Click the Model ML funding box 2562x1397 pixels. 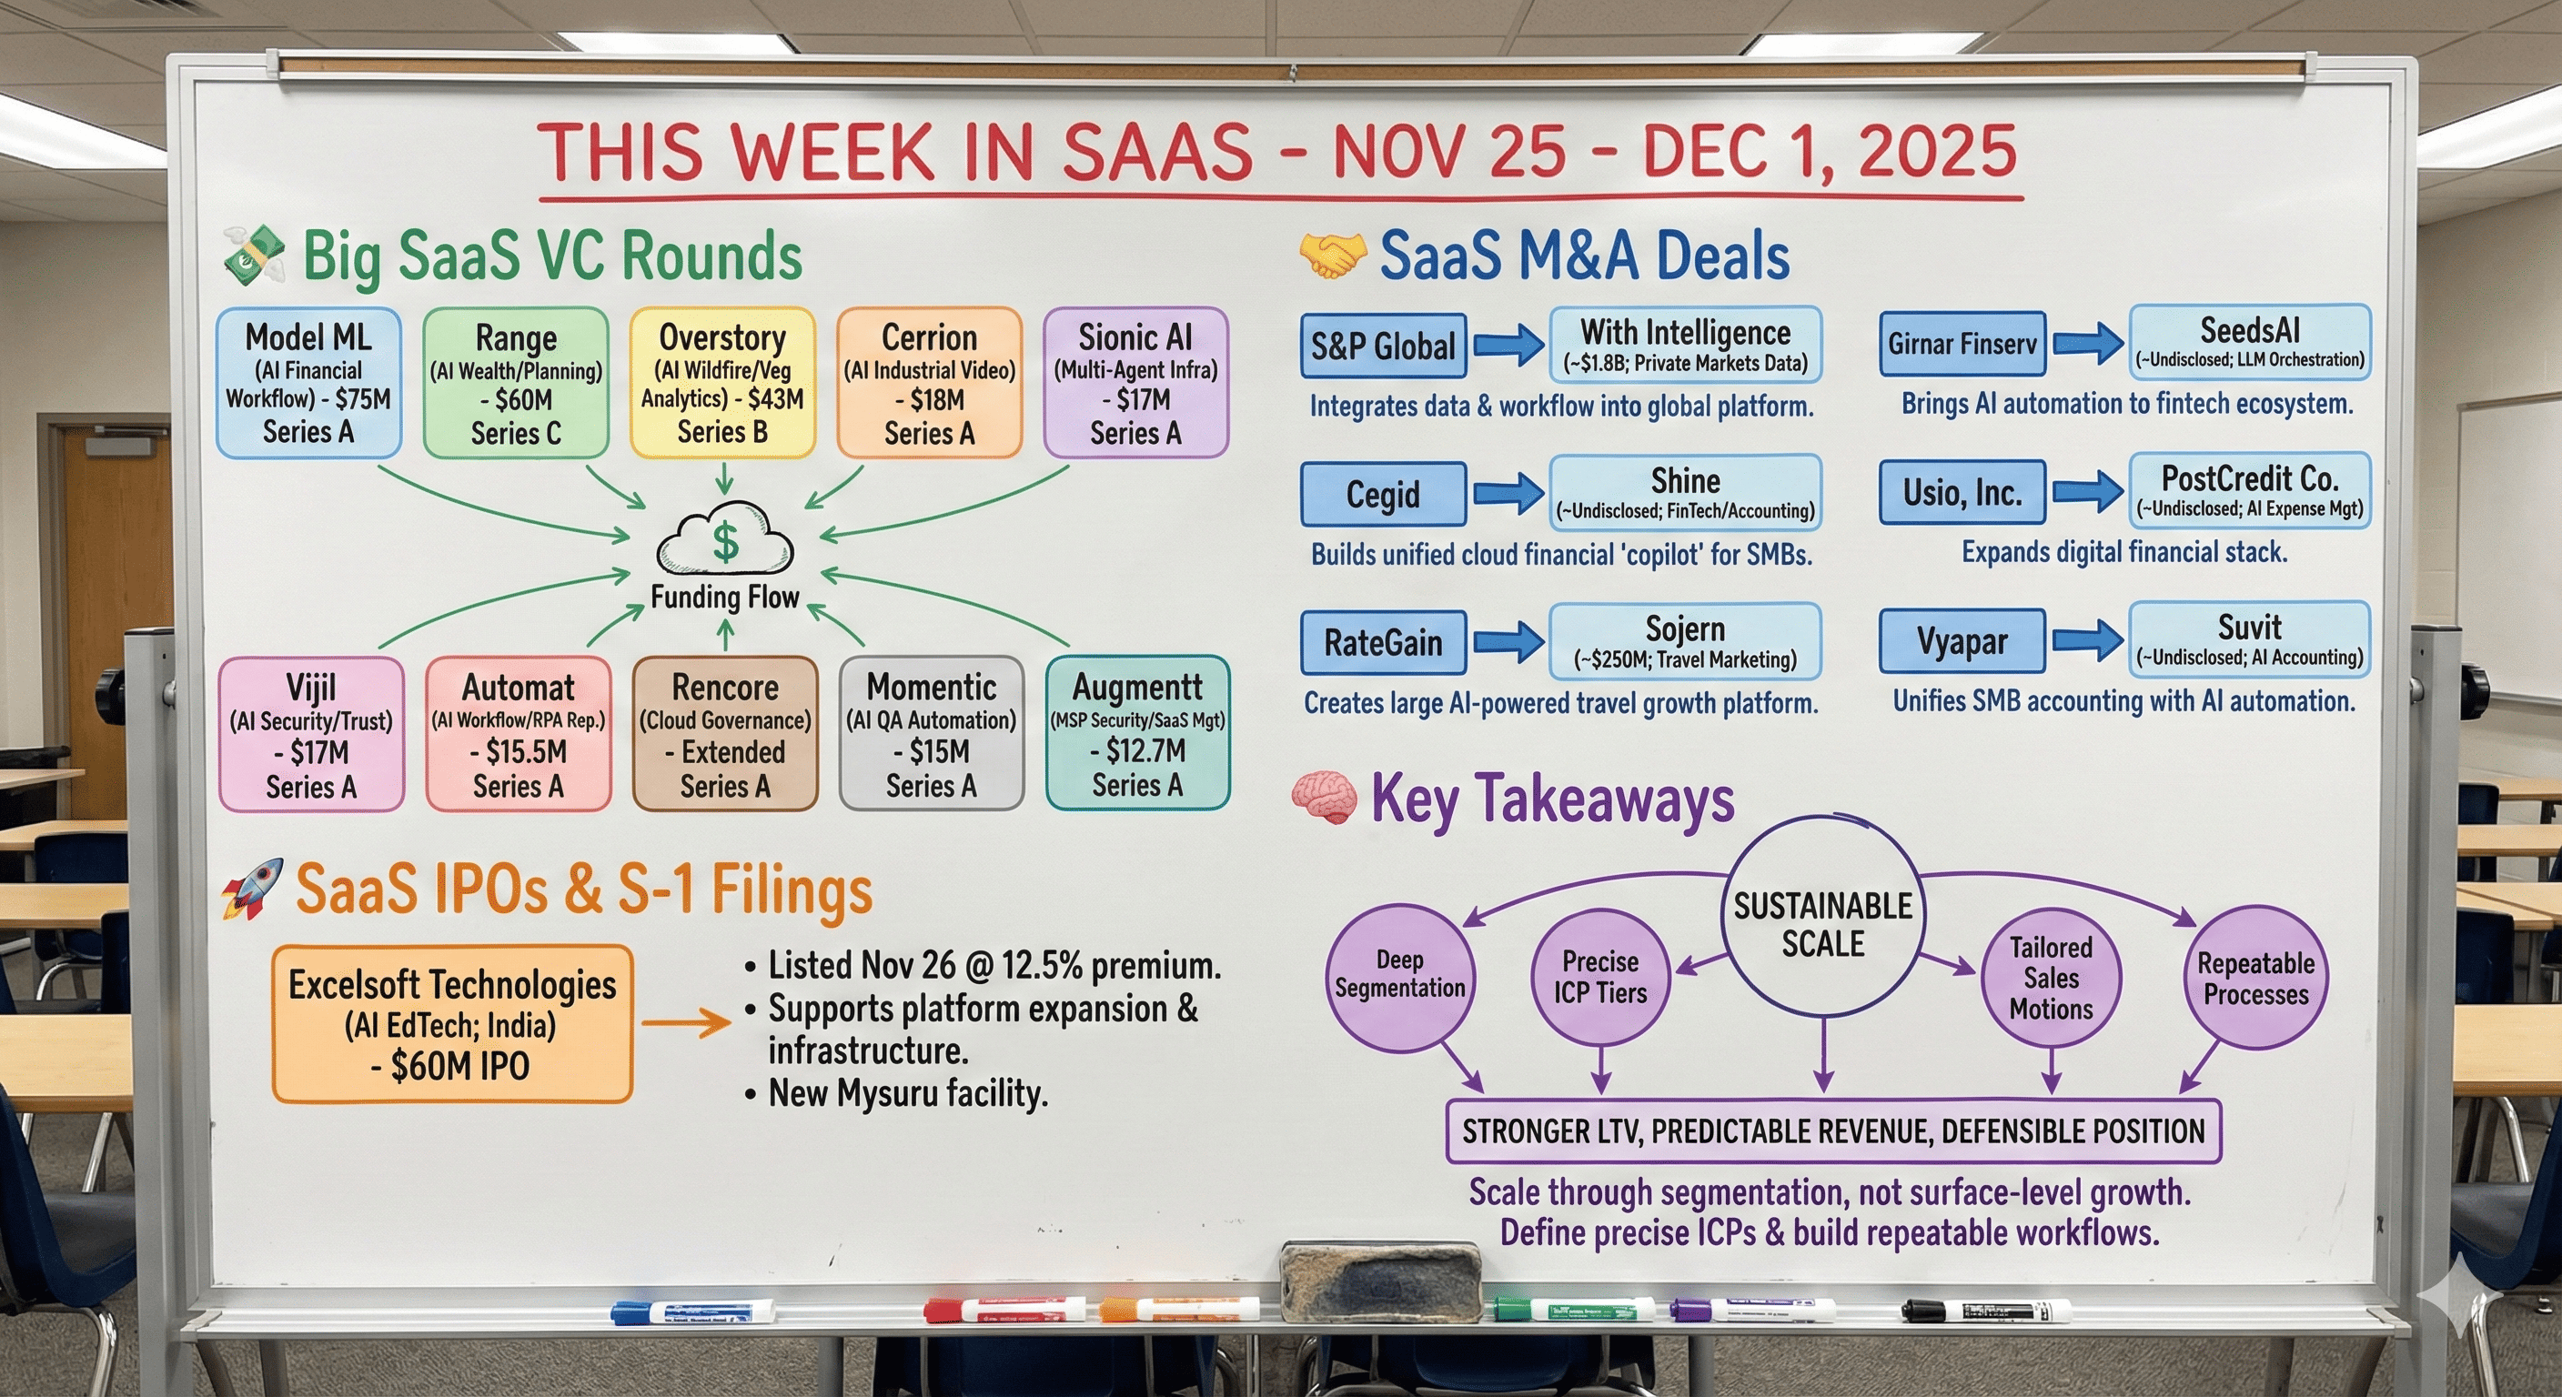pyautogui.click(x=308, y=383)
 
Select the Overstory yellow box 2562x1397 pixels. pyautogui.click(x=722, y=383)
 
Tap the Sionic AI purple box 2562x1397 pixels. pyautogui.click(x=1135, y=383)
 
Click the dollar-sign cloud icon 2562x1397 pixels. pyautogui.click(x=725, y=540)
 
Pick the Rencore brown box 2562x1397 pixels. pyautogui.click(x=725, y=734)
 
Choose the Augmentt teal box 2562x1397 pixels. pyautogui.click(x=1138, y=733)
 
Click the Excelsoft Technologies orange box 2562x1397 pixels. pyautogui.click(x=452, y=1024)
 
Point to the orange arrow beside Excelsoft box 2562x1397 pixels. pyautogui.click(x=686, y=1022)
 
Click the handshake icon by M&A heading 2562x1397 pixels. pyautogui.click(x=1332, y=256)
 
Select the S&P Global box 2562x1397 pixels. pyautogui.click(x=1383, y=346)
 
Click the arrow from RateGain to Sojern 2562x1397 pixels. pyautogui.click(x=1508, y=642)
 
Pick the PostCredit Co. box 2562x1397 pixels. pyautogui.click(x=2249, y=490)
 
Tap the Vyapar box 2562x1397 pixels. pyautogui.click(x=1962, y=641)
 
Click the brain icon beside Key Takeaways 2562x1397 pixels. pyautogui.click(x=1324, y=799)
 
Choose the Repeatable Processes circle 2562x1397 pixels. pyautogui.click(x=2254, y=978)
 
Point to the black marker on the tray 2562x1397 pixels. pyautogui.click(x=1985, y=1312)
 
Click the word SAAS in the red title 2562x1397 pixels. pyautogui.click(x=1156, y=153)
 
